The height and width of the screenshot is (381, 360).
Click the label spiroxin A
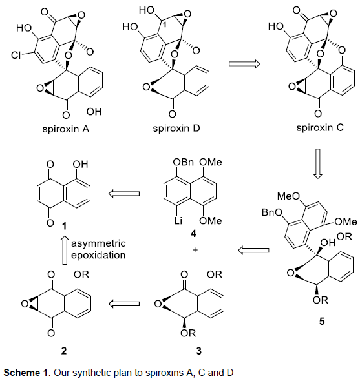(66, 129)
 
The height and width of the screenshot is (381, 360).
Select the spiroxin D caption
(176, 128)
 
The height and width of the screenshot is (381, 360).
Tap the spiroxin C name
(320, 127)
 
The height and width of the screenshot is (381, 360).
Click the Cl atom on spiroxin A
(16, 56)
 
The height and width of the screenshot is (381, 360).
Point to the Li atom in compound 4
(178, 221)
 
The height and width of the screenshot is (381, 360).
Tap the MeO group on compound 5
(289, 196)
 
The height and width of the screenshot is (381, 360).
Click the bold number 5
(322, 322)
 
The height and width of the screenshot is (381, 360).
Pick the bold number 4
(194, 234)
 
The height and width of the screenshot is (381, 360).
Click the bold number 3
(198, 351)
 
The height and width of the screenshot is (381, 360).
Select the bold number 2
(64, 351)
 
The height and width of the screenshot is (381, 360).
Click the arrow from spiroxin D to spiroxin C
(244, 64)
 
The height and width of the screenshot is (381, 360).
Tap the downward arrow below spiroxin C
(318, 164)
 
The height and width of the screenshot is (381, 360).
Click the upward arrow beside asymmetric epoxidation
(65, 250)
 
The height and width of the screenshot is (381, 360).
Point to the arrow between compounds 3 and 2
(124, 304)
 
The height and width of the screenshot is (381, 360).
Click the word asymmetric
(98, 243)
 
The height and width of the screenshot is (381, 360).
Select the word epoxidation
(98, 255)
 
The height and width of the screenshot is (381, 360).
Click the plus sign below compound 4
(195, 250)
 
